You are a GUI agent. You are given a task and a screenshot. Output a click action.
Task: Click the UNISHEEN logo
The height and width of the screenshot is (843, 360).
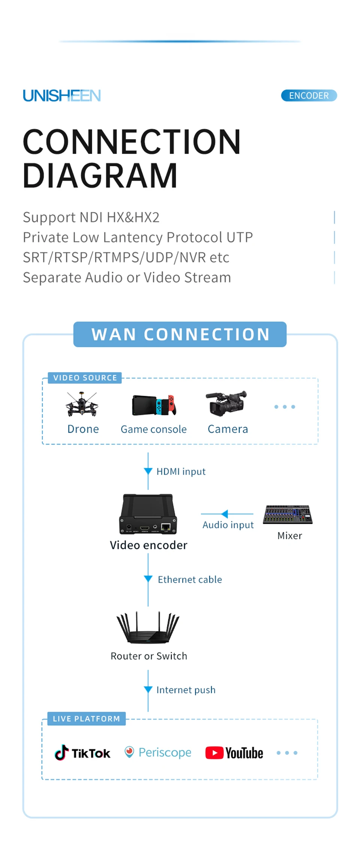coord(62,96)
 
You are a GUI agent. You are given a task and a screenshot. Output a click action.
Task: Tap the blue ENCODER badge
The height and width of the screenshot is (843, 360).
coord(309,96)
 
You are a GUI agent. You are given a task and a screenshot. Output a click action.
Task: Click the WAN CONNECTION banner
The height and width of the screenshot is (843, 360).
coord(180,334)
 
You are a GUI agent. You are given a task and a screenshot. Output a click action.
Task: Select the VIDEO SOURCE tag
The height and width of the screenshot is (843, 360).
coord(85,378)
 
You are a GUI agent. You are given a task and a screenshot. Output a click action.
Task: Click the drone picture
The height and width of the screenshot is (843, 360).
coord(82,404)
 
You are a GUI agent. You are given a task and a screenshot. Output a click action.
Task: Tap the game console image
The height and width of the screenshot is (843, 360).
coord(154,405)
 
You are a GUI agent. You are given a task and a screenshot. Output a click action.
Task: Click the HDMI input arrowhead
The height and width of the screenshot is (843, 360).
coord(148,471)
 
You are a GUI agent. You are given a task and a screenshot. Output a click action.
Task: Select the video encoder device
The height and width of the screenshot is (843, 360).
coord(148,514)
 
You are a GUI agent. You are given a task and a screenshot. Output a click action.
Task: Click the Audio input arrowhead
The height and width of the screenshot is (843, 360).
coord(225,514)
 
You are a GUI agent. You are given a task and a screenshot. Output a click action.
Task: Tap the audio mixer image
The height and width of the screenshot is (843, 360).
coord(288,514)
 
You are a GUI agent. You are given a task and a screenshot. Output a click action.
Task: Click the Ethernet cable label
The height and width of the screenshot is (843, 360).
coord(190,580)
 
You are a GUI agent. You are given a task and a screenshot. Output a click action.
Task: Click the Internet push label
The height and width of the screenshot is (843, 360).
coord(186,690)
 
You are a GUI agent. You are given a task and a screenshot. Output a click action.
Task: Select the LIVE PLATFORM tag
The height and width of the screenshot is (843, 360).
coord(86,719)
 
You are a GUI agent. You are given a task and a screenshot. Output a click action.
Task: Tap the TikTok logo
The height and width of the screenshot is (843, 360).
coord(83,753)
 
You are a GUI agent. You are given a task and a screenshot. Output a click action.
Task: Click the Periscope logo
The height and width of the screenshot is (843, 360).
coord(158,752)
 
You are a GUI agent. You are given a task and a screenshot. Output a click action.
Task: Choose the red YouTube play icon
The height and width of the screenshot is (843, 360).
coord(214,753)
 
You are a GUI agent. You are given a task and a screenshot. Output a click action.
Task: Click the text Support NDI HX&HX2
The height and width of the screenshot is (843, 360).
coord(91,217)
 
